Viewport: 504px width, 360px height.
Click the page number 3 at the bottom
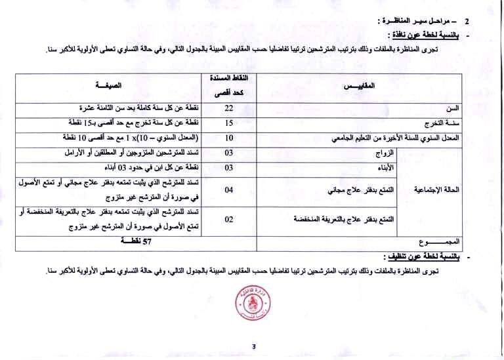[x=252, y=347]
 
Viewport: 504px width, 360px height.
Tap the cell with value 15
[x=229, y=123]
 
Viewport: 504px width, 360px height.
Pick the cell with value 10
[x=229, y=138]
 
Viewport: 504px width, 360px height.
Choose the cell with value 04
[x=229, y=190]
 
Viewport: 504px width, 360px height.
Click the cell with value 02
[x=229, y=220]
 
